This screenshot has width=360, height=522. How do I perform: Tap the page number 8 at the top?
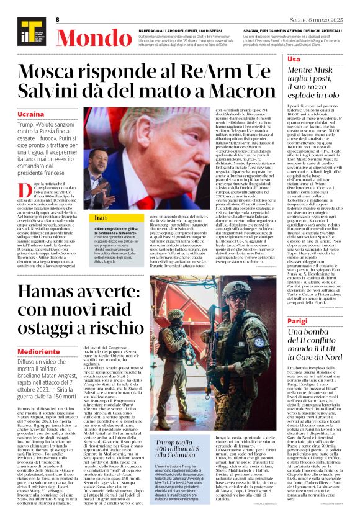click(x=58, y=20)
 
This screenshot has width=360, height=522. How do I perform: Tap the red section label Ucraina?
click(x=31, y=115)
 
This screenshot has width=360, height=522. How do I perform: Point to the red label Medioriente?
click(x=39, y=351)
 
